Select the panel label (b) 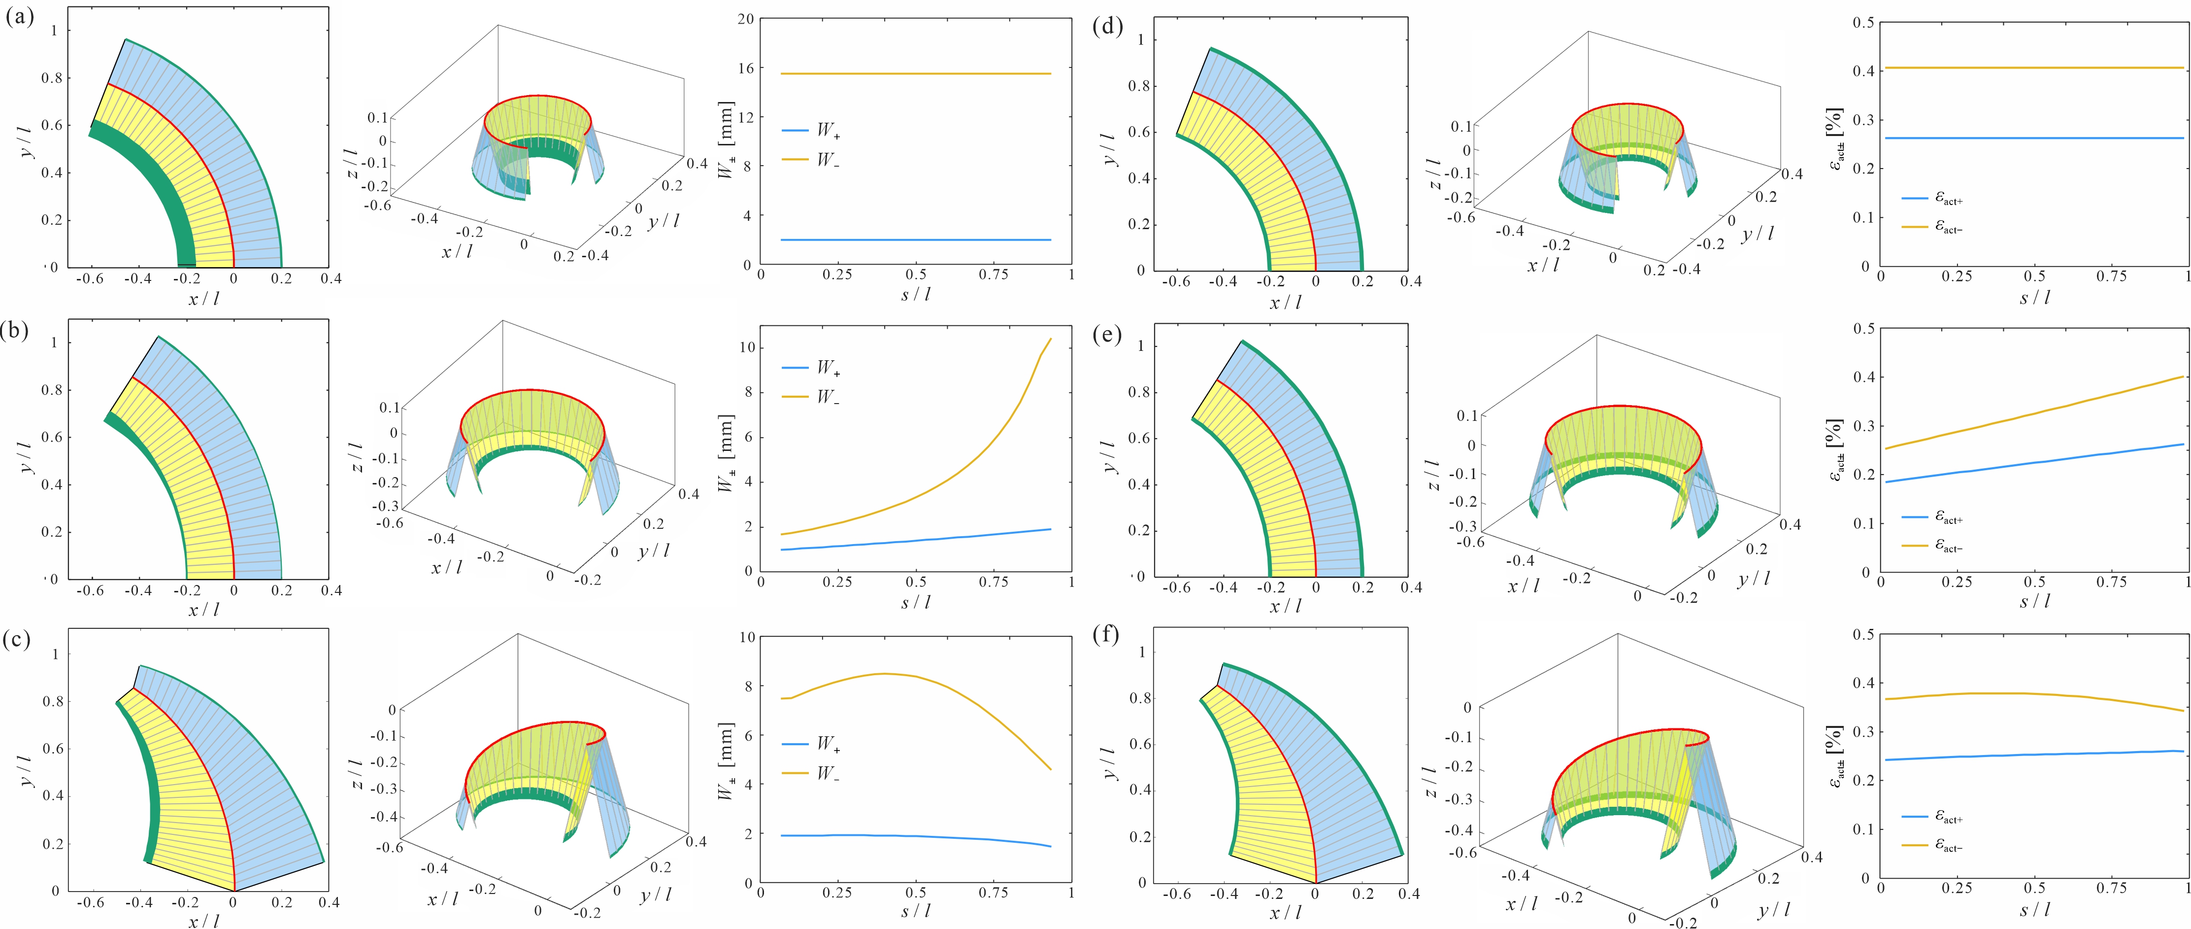16,330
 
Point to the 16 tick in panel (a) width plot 746,69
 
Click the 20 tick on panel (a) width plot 746,20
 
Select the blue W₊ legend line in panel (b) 795,368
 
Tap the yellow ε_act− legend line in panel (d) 1915,227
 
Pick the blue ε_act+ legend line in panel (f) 1915,817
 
